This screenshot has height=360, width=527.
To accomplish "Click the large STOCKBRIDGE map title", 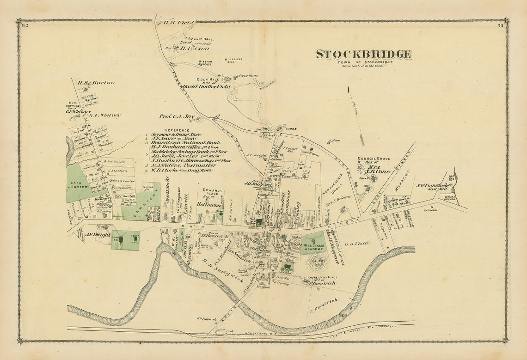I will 364,55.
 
